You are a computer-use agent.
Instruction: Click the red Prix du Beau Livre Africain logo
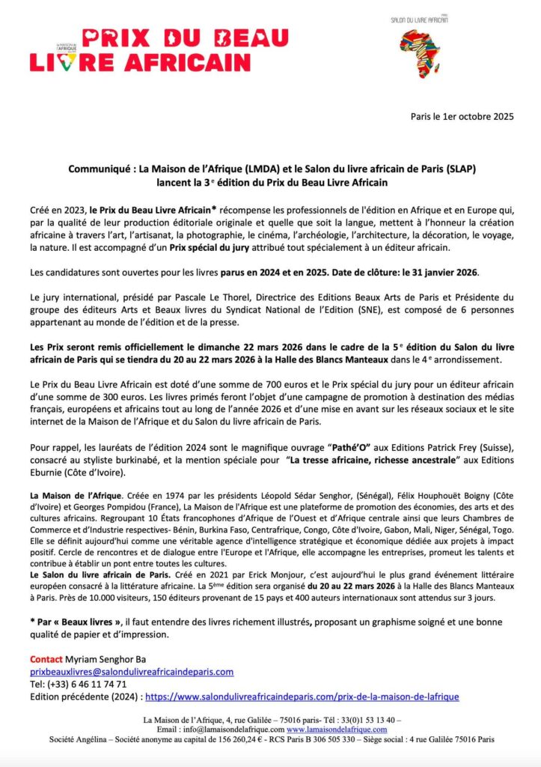(x=159, y=49)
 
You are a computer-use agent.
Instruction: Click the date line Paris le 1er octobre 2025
(x=462, y=117)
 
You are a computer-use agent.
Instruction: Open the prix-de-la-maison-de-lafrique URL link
(x=302, y=697)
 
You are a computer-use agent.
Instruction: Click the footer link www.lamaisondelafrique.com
(x=337, y=730)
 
